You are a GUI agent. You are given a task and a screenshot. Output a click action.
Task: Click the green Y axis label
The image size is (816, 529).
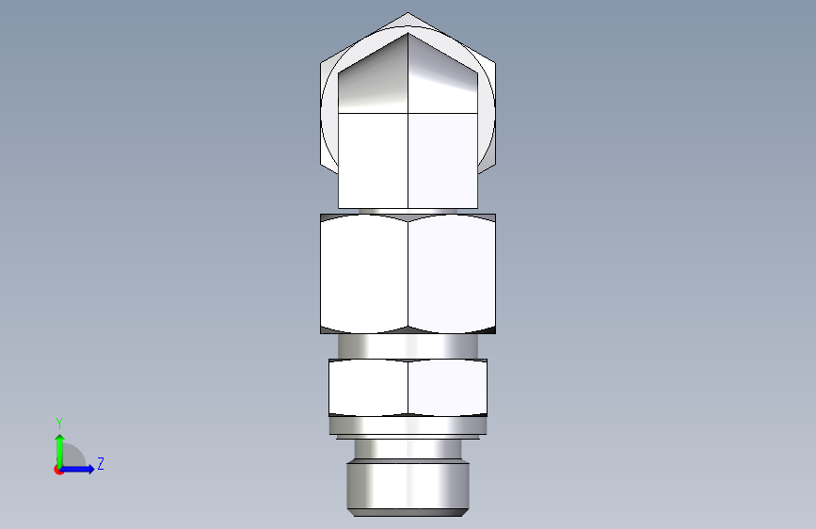coord(59,424)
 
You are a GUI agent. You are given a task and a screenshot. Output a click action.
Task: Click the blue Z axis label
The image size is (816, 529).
coord(101,463)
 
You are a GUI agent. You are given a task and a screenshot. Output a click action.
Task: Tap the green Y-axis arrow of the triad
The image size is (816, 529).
coord(60,451)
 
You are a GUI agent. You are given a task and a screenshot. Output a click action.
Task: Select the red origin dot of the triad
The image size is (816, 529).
coord(58,470)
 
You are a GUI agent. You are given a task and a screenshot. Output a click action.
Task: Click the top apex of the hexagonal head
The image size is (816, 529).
coord(408,13)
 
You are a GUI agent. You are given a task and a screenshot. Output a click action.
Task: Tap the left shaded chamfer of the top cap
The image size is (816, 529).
coord(373,75)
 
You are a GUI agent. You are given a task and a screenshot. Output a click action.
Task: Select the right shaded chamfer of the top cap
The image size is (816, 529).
coord(442,75)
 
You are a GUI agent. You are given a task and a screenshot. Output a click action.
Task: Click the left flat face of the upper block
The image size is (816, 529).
coord(373,160)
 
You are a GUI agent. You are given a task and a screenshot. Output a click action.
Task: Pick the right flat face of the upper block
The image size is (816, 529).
coord(443,160)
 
